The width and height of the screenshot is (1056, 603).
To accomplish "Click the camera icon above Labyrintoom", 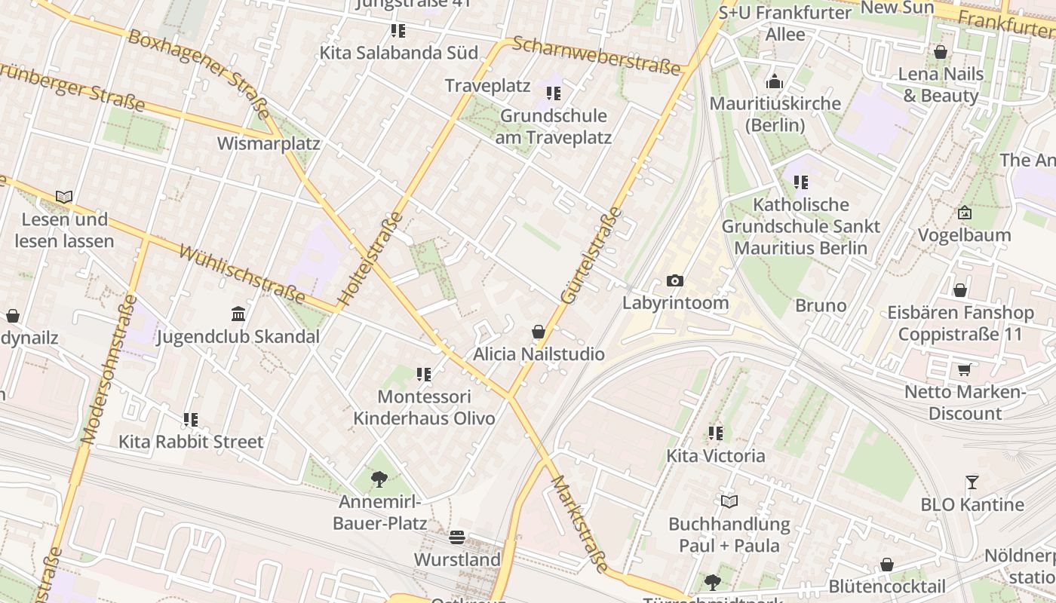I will pyautogui.click(x=675, y=281).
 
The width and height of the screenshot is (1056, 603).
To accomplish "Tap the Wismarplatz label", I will pyautogui.click(x=269, y=143).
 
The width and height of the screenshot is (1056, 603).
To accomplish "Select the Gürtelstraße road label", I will pyautogui.click(x=592, y=256).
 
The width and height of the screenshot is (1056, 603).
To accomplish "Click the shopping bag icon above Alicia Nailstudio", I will pyautogui.click(x=539, y=332).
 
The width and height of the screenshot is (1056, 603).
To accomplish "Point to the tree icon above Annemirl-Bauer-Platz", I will pyautogui.click(x=379, y=479).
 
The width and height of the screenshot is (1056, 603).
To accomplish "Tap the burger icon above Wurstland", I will pyautogui.click(x=456, y=537).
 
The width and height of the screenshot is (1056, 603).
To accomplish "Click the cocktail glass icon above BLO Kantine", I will pyautogui.click(x=972, y=482).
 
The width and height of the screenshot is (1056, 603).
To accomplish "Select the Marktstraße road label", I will pyautogui.click(x=579, y=523).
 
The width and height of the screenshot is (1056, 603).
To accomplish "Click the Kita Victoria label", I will pyautogui.click(x=715, y=456).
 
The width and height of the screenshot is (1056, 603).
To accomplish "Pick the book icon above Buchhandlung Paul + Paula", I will pyautogui.click(x=729, y=501).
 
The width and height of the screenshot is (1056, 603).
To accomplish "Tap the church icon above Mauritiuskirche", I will pyautogui.click(x=775, y=81).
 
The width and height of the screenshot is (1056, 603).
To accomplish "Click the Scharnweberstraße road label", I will pyautogui.click(x=596, y=56).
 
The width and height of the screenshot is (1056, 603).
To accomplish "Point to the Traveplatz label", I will pyautogui.click(x=487, y=85).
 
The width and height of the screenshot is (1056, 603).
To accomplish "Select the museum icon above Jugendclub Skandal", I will pyautogui.click(x=238, y=314).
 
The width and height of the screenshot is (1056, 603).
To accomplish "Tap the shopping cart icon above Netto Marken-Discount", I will pyautogui.click(x=964, y=369).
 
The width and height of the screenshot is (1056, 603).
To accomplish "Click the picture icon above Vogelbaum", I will pyautogui.click(x=964, y=213).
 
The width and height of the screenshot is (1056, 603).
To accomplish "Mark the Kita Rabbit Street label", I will pyautogui.click(x=191, y=442).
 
